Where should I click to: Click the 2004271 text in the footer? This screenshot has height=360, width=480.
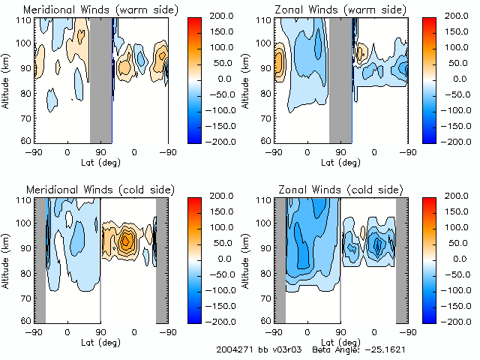[233, 349]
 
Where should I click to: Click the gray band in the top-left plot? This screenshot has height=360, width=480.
[100, 79]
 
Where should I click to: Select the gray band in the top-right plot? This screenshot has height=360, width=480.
[340, 79]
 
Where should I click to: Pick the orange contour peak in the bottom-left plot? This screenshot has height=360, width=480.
[126, 241]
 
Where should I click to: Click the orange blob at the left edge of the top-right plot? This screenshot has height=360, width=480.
[279, 63]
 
